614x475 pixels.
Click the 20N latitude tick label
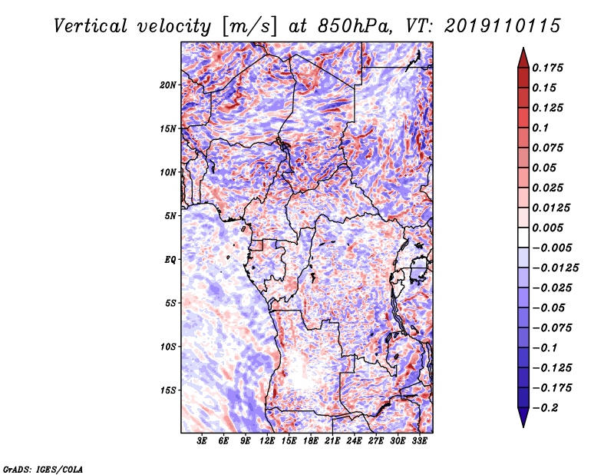168,85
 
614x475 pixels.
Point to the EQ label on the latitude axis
170,260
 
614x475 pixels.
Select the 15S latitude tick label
168,390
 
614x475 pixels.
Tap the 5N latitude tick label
170,216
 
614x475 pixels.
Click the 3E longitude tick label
202,442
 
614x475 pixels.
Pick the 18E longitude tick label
311,442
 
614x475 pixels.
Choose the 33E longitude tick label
419,442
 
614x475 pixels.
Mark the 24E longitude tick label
354,442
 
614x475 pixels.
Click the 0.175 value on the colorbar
550,68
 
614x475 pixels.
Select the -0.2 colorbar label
546,407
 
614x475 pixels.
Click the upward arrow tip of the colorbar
523,51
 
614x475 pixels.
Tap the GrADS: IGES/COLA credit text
42,468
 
